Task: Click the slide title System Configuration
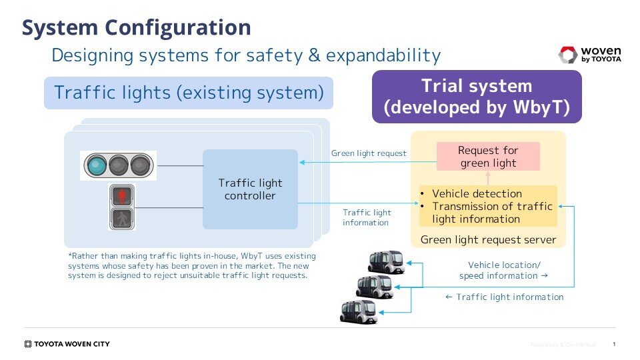[137, 28]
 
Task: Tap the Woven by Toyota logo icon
[567, 55]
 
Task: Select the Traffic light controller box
[250, 189]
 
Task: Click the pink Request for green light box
[488, 157]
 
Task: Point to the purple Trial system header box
[477, 97]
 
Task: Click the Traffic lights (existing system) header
[188, 93]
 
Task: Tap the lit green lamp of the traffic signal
[97, 165]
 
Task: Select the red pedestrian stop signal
[121, 196]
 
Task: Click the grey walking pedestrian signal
[121, 218]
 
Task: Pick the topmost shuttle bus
[386, 263]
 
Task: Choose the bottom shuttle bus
[358, 310]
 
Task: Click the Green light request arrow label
[369, 153]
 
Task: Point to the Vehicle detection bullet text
[477, 194]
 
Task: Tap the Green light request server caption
[488, 240]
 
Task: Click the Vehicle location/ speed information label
[504, 270]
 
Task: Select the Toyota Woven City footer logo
[67, 344]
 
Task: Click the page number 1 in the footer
[614, 344]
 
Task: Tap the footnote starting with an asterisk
[192, 266]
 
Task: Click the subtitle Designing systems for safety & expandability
[246, 55]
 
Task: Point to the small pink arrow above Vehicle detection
[488, 177]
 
